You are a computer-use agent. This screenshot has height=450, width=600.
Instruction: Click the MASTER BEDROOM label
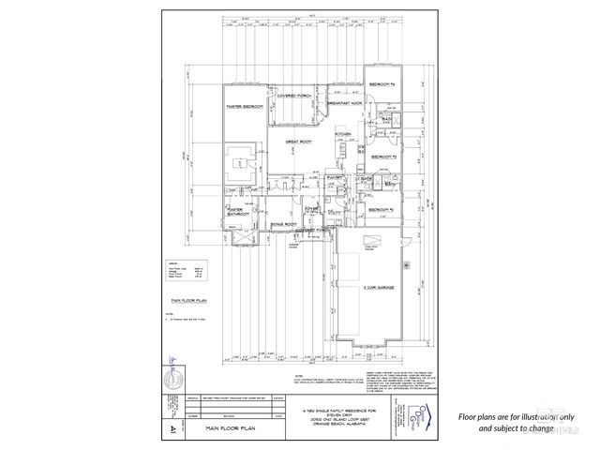[x=244, y=107]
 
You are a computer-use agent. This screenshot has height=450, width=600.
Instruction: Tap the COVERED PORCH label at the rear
[x=293, y=96]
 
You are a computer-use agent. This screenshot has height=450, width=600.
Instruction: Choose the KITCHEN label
[x=343, y=134]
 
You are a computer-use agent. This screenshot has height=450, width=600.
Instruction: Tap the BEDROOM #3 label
[x=382, y=157]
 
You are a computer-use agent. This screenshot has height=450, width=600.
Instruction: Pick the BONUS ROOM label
[x=284, y=225]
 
